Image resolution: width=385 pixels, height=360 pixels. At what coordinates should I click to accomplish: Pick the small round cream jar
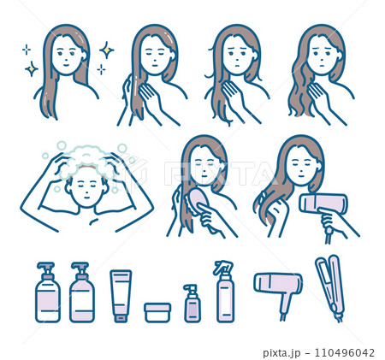click(157, 310)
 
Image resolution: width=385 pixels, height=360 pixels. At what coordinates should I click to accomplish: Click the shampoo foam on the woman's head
click(86, 156)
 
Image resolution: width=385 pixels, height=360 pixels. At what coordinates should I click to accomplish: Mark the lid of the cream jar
click(157, 305)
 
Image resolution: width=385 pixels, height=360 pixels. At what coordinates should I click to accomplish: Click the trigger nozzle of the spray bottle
click(223, 266)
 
